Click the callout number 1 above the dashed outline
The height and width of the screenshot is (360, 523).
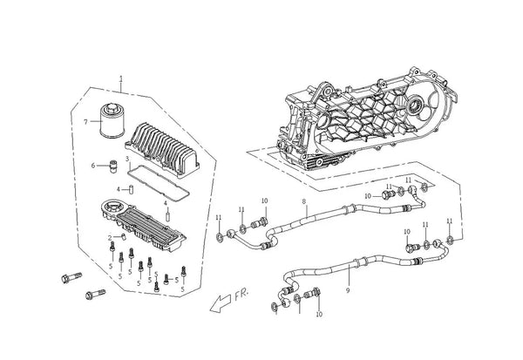click(121, 79)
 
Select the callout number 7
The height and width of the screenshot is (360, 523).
click(85, 122)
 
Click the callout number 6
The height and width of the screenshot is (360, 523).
click(93, 166)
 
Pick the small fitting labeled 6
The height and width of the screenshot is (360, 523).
click(113, 166)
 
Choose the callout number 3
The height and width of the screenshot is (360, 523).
click(127, 159)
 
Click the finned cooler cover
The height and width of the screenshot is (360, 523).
click(162, 149)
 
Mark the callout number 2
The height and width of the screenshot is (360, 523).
click(110, 238)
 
